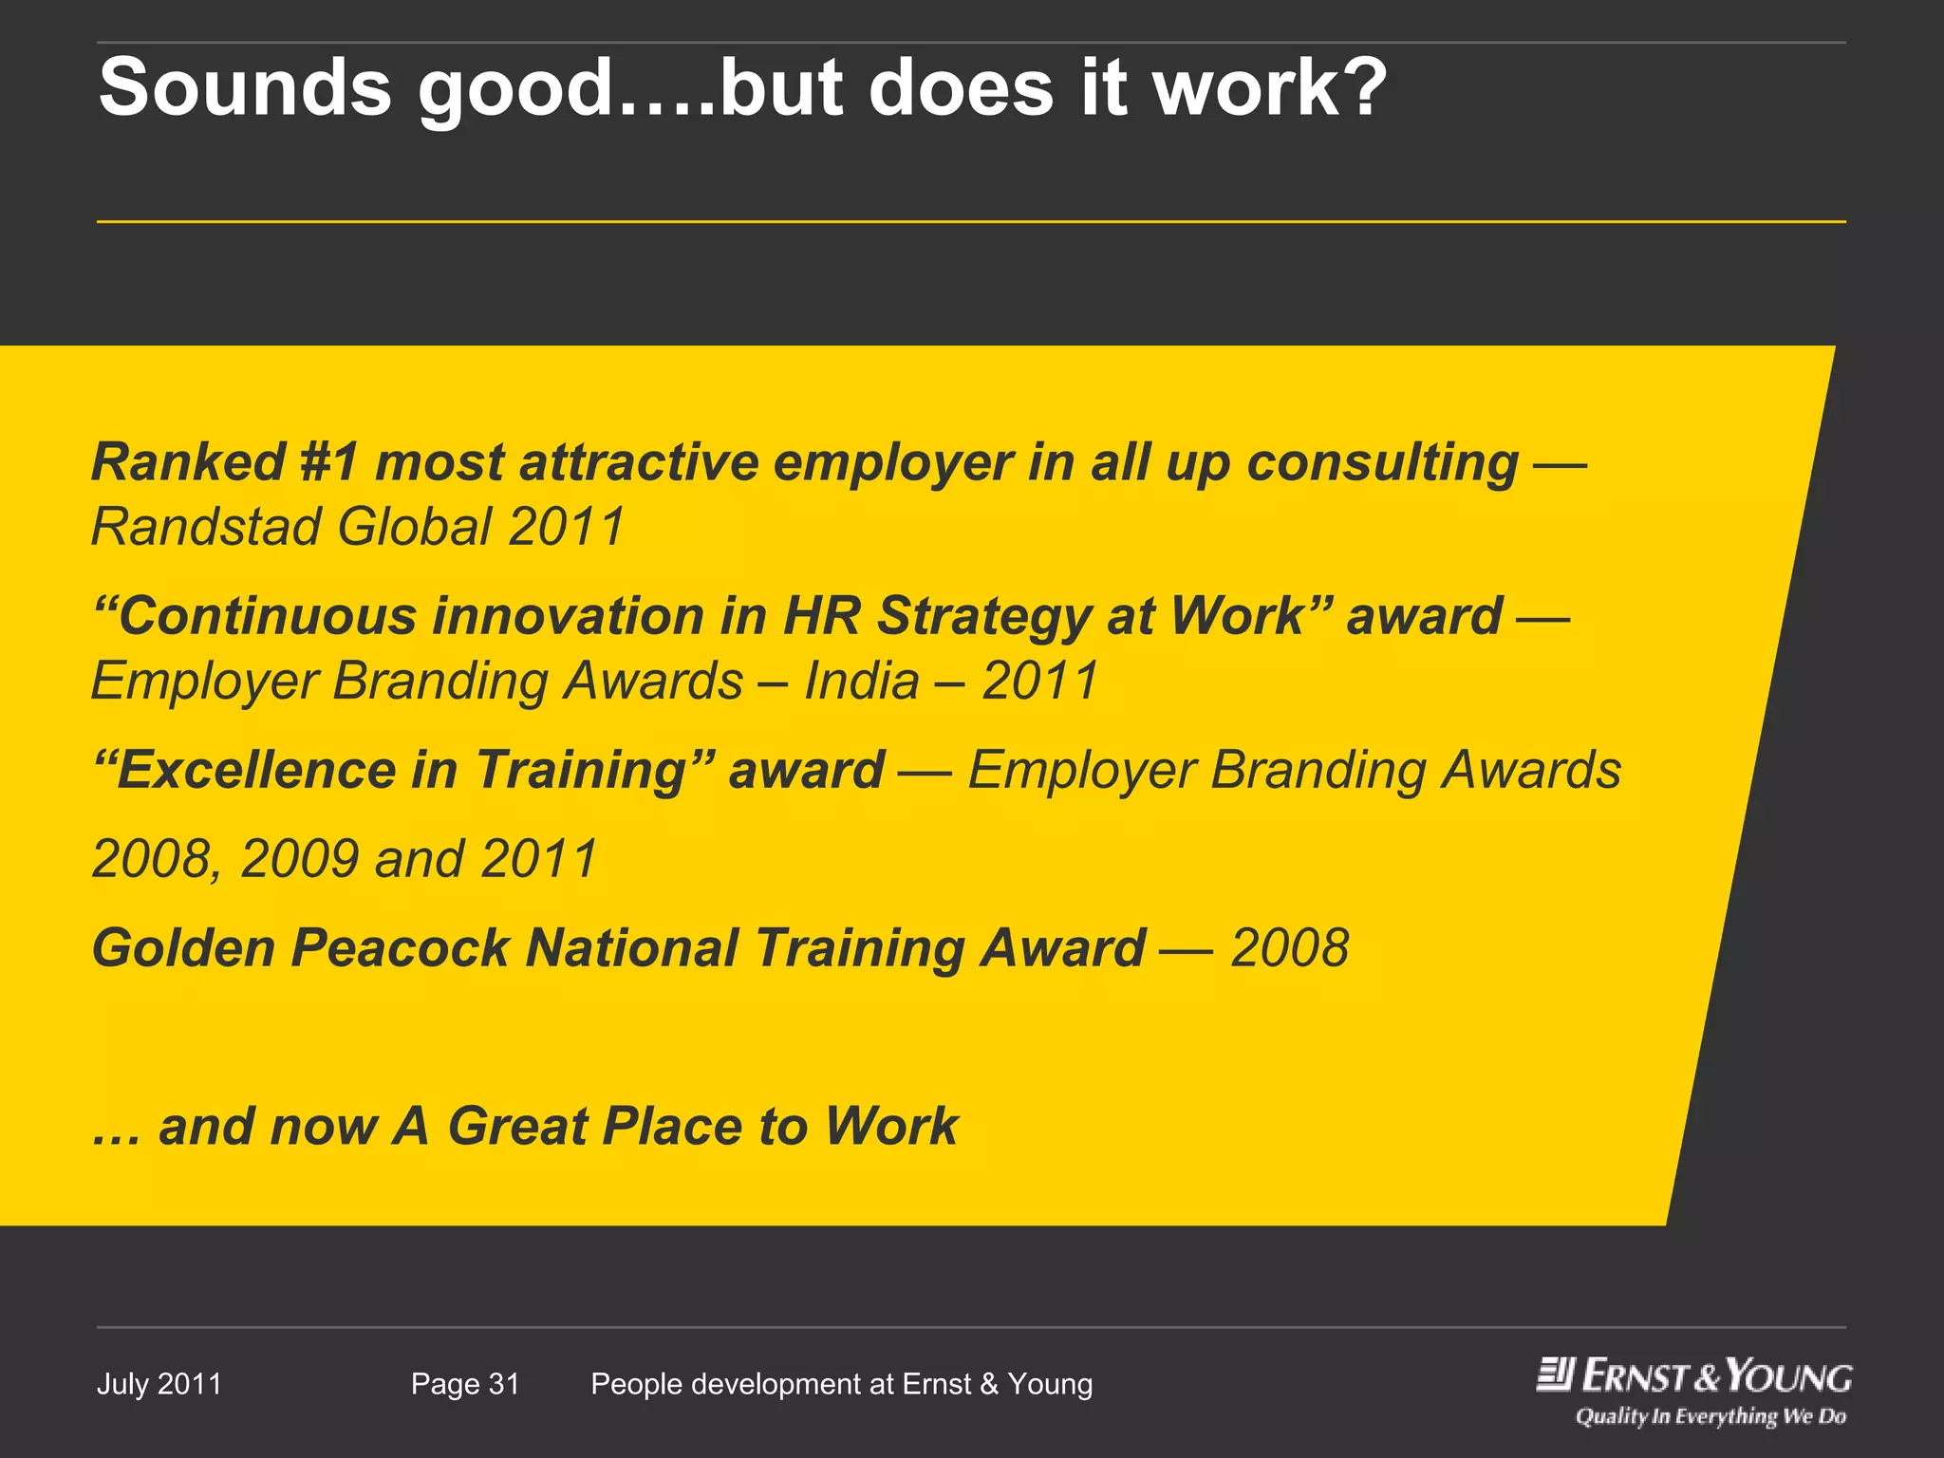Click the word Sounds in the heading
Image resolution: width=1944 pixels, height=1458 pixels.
[245, 87]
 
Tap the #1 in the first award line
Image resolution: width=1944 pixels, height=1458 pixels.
[329, 462]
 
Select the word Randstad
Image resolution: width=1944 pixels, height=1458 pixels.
[206, 527]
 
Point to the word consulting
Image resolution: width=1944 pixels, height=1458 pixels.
[1382, 464]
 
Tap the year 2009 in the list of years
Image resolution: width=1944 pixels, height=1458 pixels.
[300, 858]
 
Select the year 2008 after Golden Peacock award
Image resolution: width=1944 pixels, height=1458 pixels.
[1289, 947]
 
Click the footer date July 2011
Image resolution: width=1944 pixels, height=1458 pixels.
[159, 1384]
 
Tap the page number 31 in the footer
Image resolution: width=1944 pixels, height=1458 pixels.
[504, 1384]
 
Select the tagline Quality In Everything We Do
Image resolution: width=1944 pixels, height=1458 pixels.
[1710, 1416]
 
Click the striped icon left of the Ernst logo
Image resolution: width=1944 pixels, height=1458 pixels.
[1556, 1374]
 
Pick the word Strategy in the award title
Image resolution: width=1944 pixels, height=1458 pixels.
[982, 617]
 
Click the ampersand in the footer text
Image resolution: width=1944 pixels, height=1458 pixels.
[989, 1384]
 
